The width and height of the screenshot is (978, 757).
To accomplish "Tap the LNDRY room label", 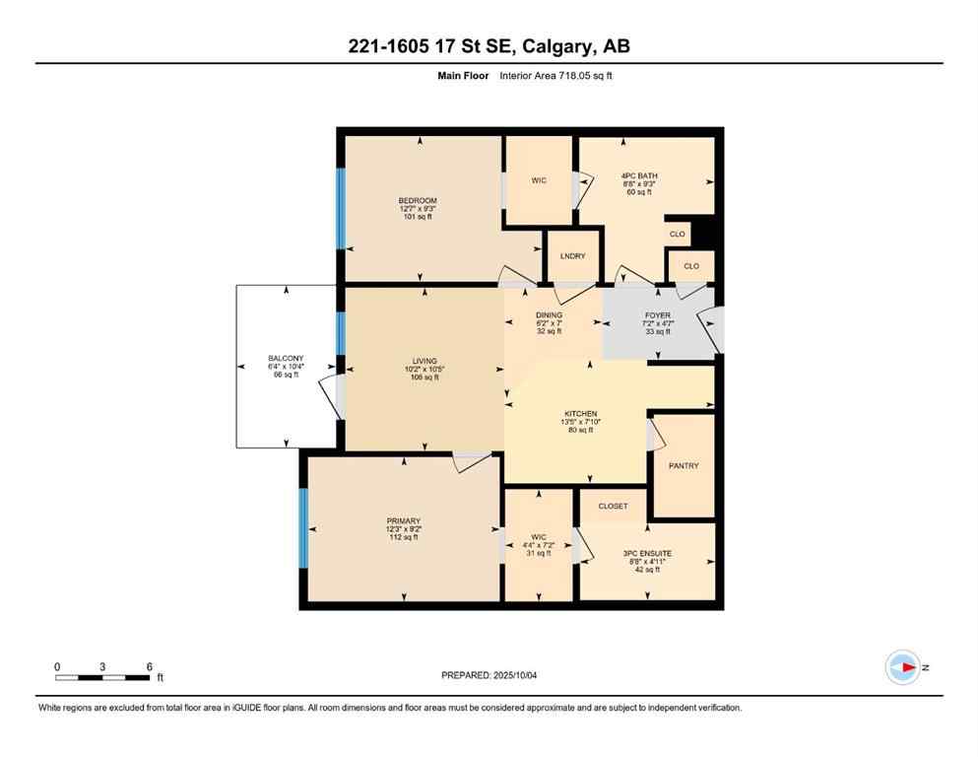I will [x=572, y=256].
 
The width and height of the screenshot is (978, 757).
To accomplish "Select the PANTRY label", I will [x=683, y=465].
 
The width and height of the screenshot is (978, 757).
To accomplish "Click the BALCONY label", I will [x=286, y=358].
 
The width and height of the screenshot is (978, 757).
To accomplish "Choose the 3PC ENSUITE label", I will [x=647, y=554].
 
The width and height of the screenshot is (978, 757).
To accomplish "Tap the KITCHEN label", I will [x=580, y=414].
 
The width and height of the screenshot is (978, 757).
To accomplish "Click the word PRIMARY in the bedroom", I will [x=403, y=520].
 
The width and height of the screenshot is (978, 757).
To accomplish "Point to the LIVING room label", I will [x=424, y=361].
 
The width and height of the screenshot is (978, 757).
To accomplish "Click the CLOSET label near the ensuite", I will [x=613, y=506].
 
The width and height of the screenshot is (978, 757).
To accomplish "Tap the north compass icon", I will [x=902, y=667].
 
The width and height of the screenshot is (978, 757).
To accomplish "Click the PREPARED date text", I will [x=489, y=675].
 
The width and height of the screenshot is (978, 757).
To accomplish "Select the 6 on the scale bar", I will [x=148, y=666].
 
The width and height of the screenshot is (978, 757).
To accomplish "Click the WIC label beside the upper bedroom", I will [x=538, y=180].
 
